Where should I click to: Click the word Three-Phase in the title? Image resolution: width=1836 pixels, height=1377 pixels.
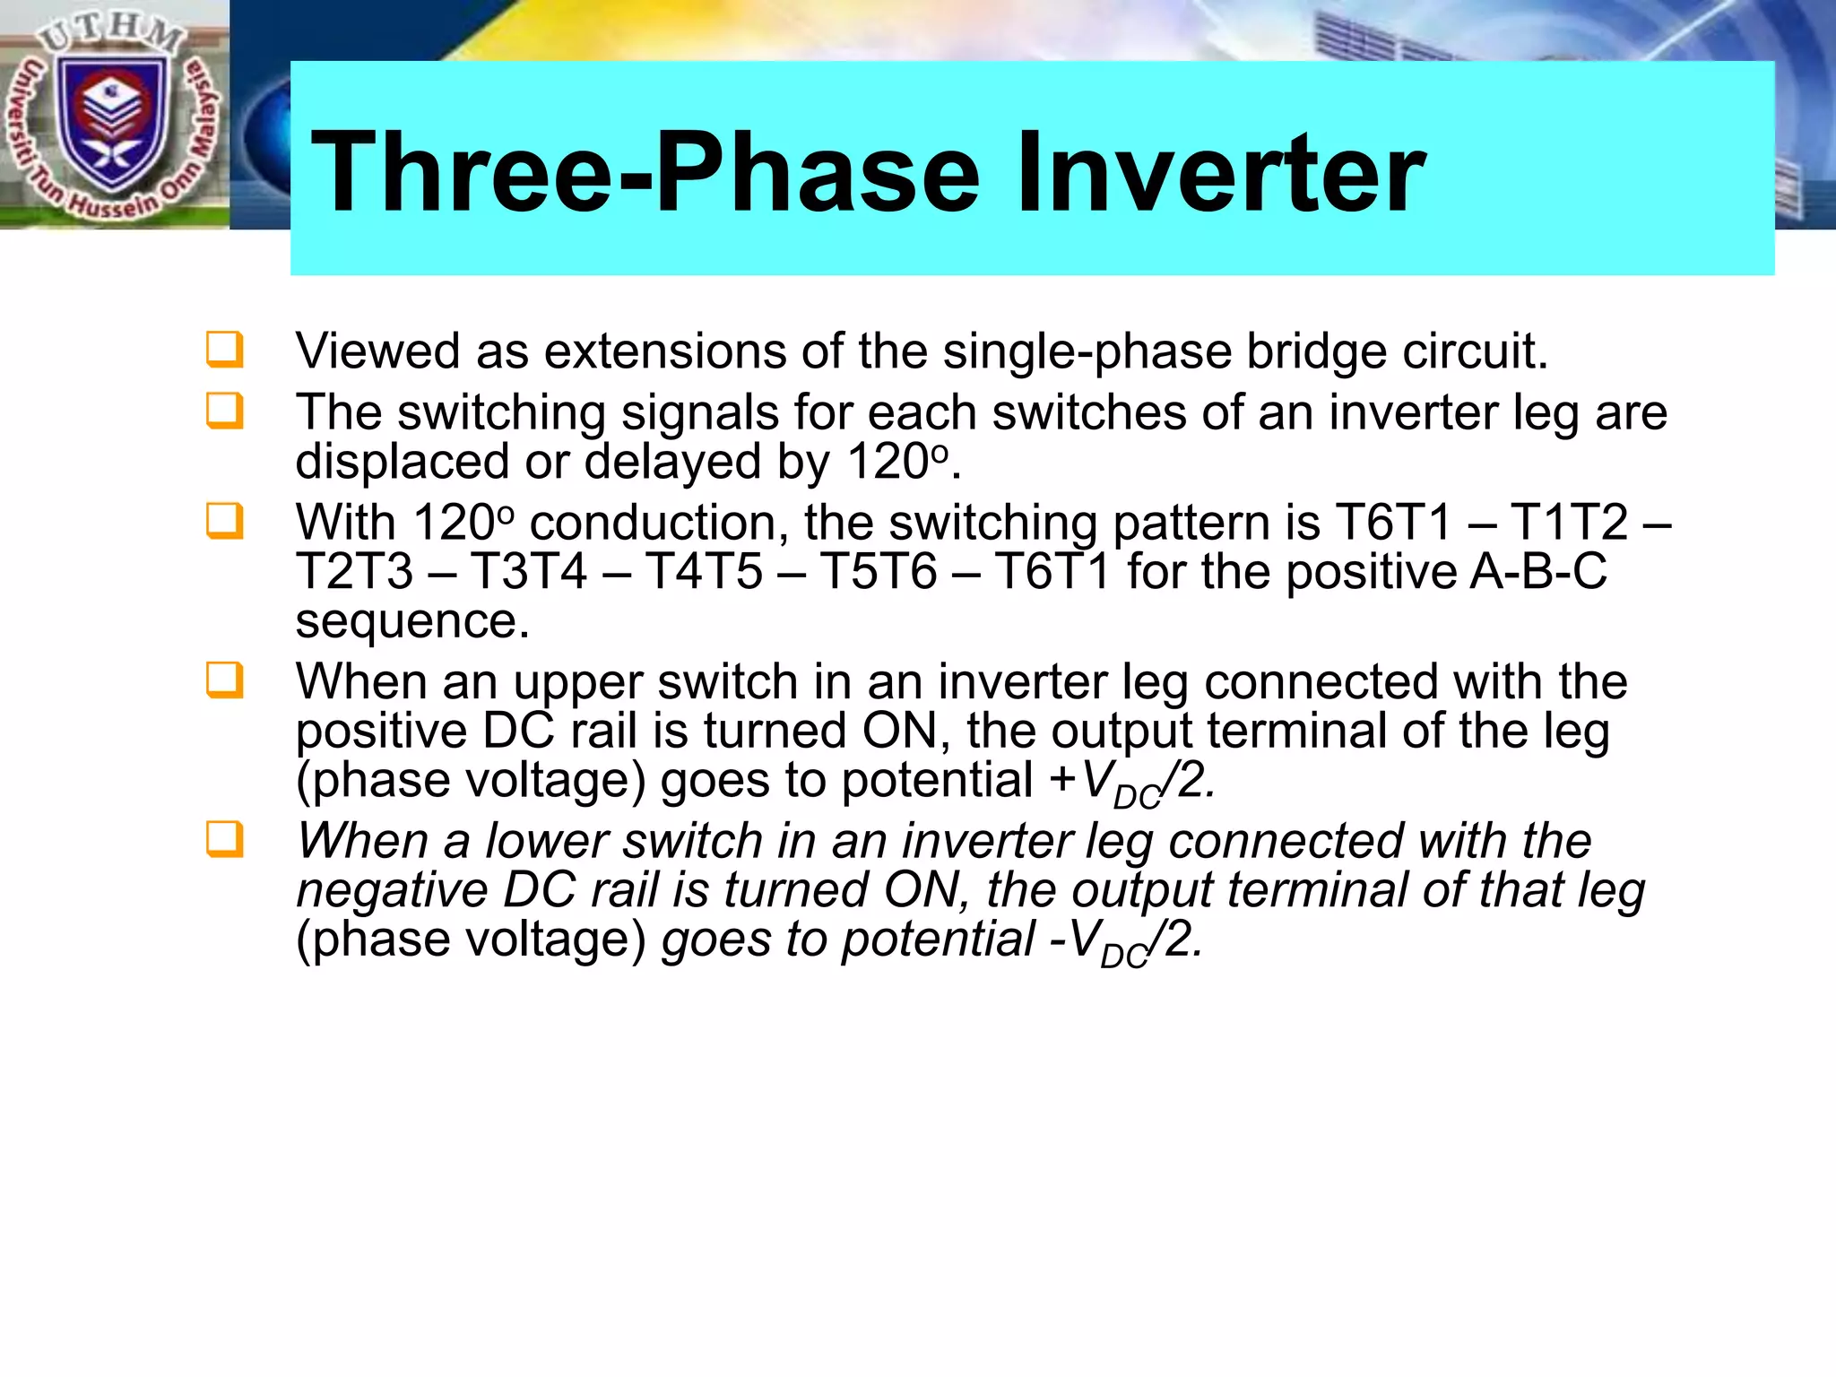pyautogui.click(x=645, y=172)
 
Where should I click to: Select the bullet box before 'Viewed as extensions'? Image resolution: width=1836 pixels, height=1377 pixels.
pyautogui.click(x=224, y=350)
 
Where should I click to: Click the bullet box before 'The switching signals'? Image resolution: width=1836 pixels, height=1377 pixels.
pyautogui.click(x=224, y=411)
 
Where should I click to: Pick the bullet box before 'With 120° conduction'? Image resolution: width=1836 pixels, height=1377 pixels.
pyautogui.click(x=224, y=521)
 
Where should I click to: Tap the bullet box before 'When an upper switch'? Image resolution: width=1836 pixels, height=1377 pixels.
pyautogui.click(x=224, y=680)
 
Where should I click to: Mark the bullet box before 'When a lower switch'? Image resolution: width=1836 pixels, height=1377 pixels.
pyautogui.click(x=224, y=839)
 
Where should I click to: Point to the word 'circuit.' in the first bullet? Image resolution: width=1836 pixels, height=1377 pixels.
pyautogui.click(x=1476, y=351)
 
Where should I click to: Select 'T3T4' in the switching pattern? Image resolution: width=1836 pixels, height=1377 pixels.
pyautogui.click(x=529, y=572)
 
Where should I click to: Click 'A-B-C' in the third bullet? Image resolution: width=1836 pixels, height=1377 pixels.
pyautogui.click(x=1538, y=572)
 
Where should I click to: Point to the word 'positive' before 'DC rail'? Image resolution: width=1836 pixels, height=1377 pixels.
pyautogui.click(x=381, y=732)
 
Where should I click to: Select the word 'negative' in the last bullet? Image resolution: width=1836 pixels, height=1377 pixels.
pyautogui.click(x=391, y=891)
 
